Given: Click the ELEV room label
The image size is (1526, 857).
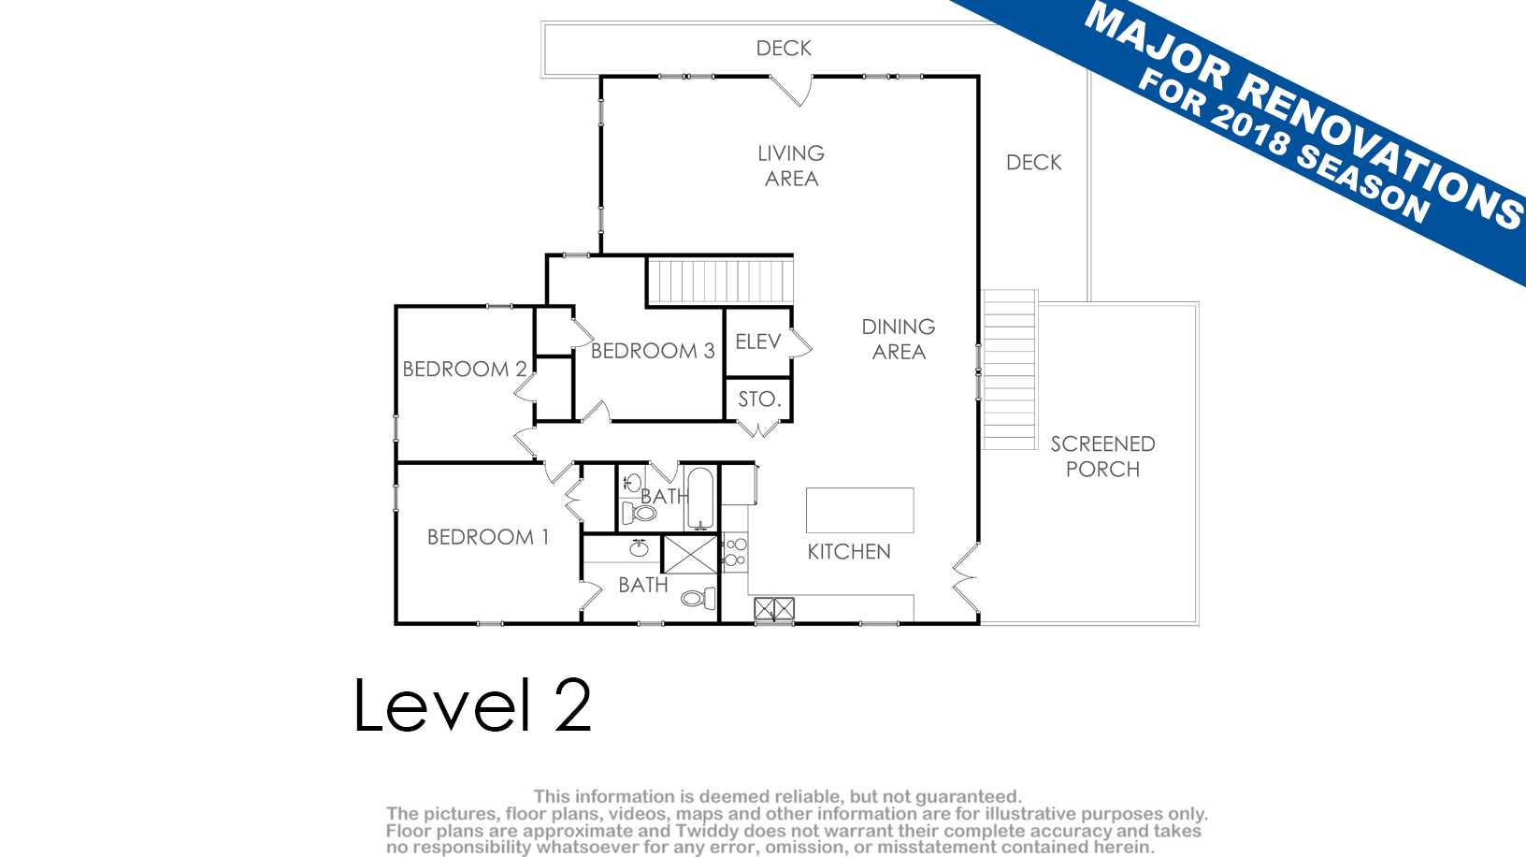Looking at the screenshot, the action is [757, 341].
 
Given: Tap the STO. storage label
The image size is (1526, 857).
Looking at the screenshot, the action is [759, 399].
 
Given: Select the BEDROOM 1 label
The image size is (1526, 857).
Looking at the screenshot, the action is [488, 537].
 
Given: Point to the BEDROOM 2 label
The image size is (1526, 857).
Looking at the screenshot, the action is [465, 369].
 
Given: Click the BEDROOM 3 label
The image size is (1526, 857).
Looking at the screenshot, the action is [653, 351].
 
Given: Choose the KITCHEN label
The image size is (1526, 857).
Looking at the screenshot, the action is [849, 552].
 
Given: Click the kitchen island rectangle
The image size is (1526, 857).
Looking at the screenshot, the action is [859, 510].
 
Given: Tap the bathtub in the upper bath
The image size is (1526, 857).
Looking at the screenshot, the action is [700, 499].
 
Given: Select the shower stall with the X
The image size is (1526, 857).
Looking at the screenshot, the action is [690, 554].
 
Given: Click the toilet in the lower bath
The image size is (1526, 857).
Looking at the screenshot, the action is [698, 598].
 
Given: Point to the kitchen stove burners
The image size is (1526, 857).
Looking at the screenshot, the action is [735, 552].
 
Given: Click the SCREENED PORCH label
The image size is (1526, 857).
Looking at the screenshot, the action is [1102, 457].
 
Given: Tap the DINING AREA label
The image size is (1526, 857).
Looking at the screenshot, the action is [899, 339].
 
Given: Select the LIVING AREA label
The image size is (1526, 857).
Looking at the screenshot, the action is [791, 166].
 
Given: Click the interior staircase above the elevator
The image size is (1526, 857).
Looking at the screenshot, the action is [720, 281].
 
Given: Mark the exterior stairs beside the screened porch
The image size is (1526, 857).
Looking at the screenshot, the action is [1010, 370].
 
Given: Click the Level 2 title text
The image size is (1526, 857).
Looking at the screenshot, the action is [473, 704].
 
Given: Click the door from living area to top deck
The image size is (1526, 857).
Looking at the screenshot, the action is [792, 90].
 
